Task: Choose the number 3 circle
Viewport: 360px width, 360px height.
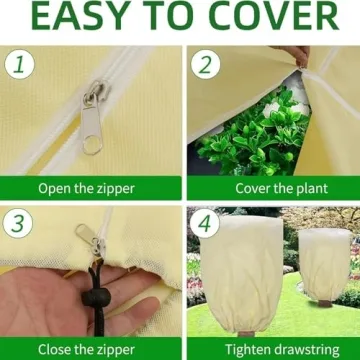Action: tap(16, 223)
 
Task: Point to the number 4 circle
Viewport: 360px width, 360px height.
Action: tap(205, 223)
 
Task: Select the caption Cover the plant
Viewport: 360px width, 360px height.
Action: tap(273, 188)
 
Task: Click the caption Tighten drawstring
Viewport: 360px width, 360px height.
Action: tap(273, 349)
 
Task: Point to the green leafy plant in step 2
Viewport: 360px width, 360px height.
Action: tap(250, 135)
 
